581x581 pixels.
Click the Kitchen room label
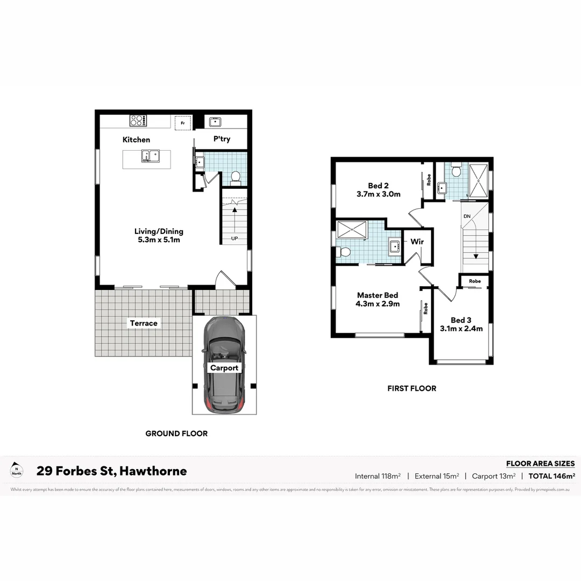pyautogui.click(x=136, y=140)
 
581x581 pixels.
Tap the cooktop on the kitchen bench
pyautogui.click(x=137, y=121)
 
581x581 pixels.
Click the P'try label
pyautogui.click(x=221, y=139)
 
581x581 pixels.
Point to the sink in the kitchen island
pyautogui.click(x=147, y=157)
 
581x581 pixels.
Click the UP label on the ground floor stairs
pyautogui.click(x=235, y=238)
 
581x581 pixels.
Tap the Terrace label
pyautogui.click(x=144, y=323)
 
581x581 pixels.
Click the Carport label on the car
pyautogui.click(x=224, y=368)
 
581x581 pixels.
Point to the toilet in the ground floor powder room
pyautogui.click(x=235, y=176)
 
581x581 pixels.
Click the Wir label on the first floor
pyautogui.click(x=417, y=242)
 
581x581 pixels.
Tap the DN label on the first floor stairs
pyautogui.click(x=466, y=216)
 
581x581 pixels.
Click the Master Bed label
pyautogui.click(x=378, y=295)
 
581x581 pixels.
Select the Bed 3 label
pyautogui.click(x=461, y=320)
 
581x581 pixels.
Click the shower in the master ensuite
pyautogui.click(x=351, y=229)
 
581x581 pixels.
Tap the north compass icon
pyautogui.click(x=17, y=471)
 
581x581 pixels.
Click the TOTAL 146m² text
pyautogui.click(x=552, y=476)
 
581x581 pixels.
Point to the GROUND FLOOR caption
pyautogui.click(x=176, y=434)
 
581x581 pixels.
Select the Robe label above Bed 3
pyautogui.click(x=474, y=281)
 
